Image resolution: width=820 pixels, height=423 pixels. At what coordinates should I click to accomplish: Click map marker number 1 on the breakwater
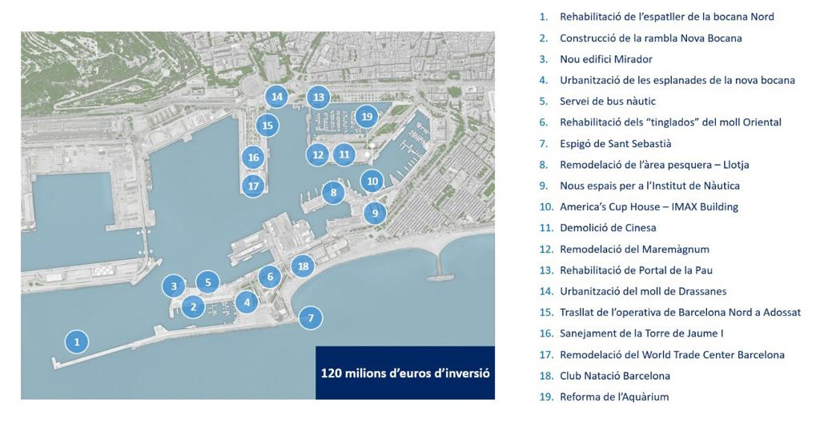tap(77, 342)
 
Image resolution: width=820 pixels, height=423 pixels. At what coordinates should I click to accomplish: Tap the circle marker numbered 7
tap(311, 317)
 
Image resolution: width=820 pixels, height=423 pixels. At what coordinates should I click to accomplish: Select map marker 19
tap(367, 117)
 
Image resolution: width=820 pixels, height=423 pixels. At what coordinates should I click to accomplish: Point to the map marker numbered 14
tap(277, 97)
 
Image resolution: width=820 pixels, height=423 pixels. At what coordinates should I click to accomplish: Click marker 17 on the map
tap(253, 186)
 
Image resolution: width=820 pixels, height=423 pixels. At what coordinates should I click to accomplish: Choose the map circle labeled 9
tap(374, 213)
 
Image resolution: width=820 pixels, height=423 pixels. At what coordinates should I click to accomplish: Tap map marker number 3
tap(173, 285)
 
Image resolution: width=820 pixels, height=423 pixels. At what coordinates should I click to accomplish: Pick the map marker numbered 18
tap(303, 266)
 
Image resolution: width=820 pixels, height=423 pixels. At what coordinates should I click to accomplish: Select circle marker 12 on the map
tap(318, 155)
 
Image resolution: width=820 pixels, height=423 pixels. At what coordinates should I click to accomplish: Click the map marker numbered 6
tap(271, 277)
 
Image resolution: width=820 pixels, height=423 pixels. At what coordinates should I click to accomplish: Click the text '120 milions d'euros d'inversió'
tap(404, 373)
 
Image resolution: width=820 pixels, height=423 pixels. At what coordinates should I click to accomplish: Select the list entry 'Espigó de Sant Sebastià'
tap(615, 143)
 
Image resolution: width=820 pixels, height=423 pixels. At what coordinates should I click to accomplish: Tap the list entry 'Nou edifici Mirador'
tap(605, 59)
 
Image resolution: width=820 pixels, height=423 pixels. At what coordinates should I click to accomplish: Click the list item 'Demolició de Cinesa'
tap(608, 228)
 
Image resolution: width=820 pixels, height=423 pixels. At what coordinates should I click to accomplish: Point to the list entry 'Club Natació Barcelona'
tap(615, 375)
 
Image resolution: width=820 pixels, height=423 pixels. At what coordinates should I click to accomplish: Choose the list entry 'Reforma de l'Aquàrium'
tap(614, 397)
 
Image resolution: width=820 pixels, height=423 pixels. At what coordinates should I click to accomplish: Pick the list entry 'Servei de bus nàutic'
tap(608, 101)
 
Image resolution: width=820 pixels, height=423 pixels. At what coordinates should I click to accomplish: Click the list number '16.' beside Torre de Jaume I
tap(545, 333)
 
